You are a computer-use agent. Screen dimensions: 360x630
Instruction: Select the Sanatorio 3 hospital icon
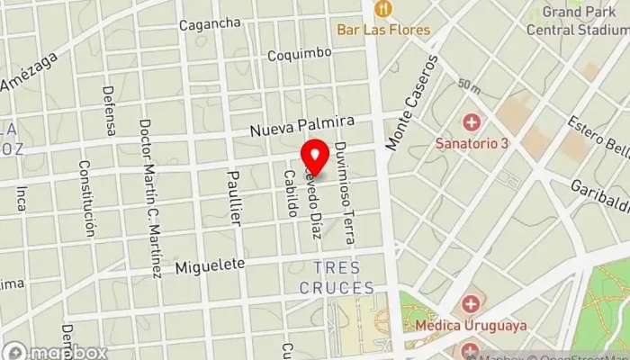click(470, 122)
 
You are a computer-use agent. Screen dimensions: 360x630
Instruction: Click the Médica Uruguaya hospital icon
click(470, 304)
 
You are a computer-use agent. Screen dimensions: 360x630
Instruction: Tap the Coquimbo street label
click(300, 55)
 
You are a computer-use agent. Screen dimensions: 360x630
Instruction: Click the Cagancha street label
click(210, 23)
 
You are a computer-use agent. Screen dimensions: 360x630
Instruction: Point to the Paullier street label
click(234, 197)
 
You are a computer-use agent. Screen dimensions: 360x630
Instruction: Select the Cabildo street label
click(290, 193)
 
